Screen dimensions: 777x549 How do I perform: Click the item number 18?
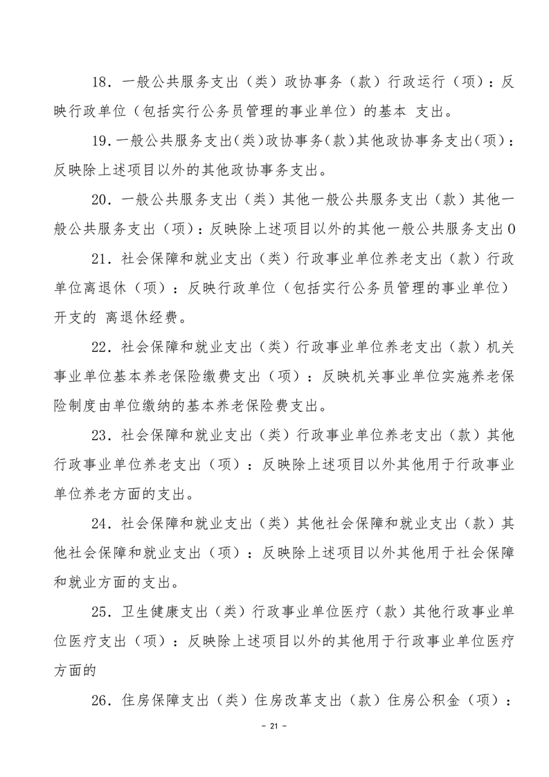[100, 82]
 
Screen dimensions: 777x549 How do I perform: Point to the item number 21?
[100, 258]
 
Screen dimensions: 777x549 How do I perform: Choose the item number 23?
[100, 435]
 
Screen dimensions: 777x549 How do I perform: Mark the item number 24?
[100, 523]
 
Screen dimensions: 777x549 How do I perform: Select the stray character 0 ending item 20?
[512, 229]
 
